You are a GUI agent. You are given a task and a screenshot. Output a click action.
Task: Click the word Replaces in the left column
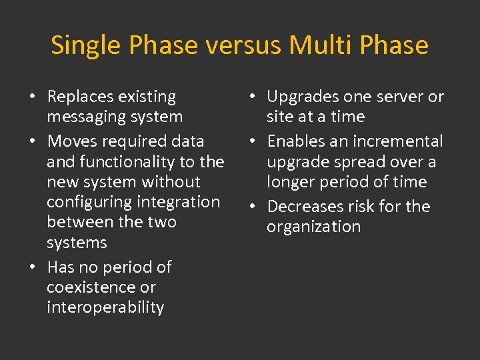79,97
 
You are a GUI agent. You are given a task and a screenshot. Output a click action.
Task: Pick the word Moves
72,141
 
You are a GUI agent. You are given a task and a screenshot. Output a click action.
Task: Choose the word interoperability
105,307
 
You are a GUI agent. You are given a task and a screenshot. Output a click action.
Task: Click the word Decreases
304,207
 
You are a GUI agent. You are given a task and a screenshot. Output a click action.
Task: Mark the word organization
313,227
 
